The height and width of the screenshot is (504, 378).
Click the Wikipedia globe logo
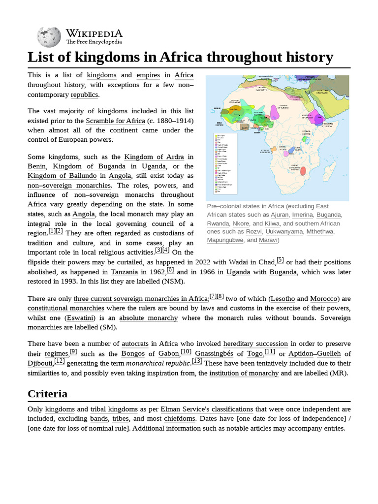[48, 37]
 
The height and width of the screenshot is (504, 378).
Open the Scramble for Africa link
[116, 121]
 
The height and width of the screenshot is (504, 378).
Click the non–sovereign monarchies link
[69, 186]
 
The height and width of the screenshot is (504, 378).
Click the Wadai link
[238, 262]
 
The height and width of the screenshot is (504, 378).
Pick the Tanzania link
[124, 272]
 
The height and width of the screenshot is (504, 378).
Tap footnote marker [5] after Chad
[280, 260]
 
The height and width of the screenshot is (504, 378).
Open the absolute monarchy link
[148, 318]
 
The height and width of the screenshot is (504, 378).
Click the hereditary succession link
[255, 344]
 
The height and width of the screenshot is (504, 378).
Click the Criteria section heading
[48, 394]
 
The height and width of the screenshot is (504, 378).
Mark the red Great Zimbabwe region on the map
[304, 170]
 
